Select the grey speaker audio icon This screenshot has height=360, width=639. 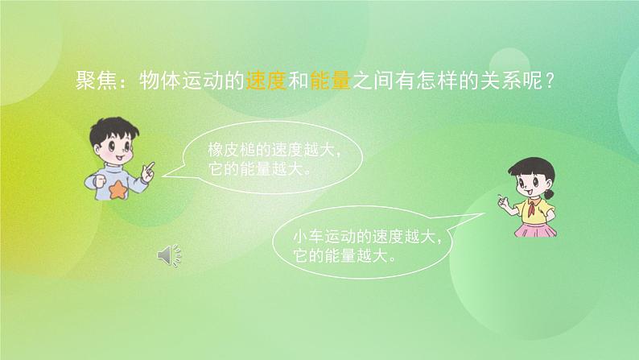[169, 256]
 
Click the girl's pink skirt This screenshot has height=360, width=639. [532, 230]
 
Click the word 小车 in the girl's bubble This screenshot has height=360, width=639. [309, 237]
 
